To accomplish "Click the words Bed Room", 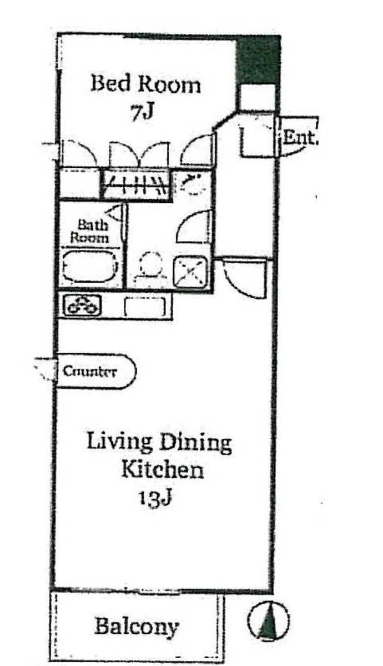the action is point(145,83).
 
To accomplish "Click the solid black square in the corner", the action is point(258,60).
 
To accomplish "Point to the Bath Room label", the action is point(89,231).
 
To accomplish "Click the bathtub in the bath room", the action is point(90,267).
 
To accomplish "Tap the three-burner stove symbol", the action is point(83,306).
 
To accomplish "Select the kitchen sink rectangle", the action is point(144,307).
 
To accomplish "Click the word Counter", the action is point(89,371).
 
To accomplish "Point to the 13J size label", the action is point(154,497).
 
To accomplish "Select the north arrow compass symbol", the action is point(268,622).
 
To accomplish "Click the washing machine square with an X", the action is point(190,272).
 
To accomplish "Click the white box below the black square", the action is point(256,97).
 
